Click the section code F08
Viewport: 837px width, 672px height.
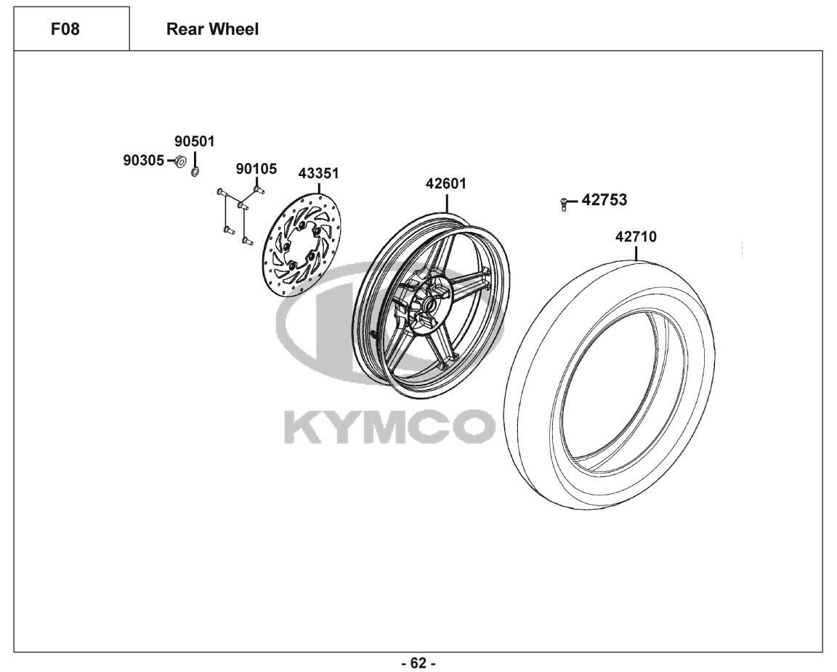tap(65, 29)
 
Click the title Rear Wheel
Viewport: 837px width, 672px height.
tap(212, 29)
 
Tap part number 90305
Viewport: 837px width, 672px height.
tap(144, 160)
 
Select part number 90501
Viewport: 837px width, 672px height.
tap(194, 142)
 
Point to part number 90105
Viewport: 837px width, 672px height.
tap(256, 169)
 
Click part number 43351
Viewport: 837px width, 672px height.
tap(319, 174)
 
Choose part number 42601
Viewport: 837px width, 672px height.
tap(445, 184)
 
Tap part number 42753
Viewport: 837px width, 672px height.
tap(604, 200)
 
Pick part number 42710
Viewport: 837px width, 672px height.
tap(636, 236)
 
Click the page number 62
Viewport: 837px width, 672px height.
tap(418, 663)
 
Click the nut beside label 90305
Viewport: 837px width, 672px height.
tap(180, 160)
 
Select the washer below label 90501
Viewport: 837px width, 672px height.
tap(195, 172)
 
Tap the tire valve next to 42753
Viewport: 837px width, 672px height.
tap(563, 204)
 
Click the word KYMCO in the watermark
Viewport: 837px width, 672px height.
tap(388, 425)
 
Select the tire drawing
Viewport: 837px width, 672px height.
tap(609, 384)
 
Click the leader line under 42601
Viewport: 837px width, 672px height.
tap(446, 202)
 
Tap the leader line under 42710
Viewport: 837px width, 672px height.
tap(636, 252)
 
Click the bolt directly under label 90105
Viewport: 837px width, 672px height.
tap(259, 189)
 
